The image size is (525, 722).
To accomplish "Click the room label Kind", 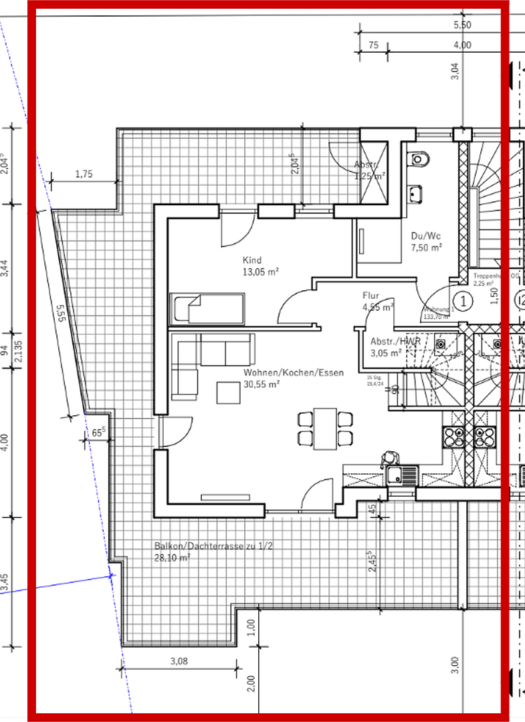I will pos(252,260).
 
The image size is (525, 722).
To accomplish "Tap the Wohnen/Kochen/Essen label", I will pos(294,372).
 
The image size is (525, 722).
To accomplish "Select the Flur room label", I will pos(371,295).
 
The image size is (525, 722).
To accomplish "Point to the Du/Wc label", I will pos(425,236).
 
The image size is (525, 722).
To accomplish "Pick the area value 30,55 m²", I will pos(261,384).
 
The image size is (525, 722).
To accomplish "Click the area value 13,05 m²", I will pos(261,272).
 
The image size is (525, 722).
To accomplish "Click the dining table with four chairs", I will pos(325,429).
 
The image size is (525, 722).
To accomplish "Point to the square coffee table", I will pos(229,392).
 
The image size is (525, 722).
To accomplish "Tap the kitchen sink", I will pos(401,475).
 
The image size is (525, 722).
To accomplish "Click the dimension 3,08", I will pos(179,662).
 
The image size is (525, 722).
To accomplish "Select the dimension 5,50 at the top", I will pos(462,25).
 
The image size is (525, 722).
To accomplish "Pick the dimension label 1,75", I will pos(84,174).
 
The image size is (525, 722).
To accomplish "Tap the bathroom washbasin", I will pos(416,193).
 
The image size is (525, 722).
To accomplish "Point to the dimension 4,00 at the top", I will pos(462,45).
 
